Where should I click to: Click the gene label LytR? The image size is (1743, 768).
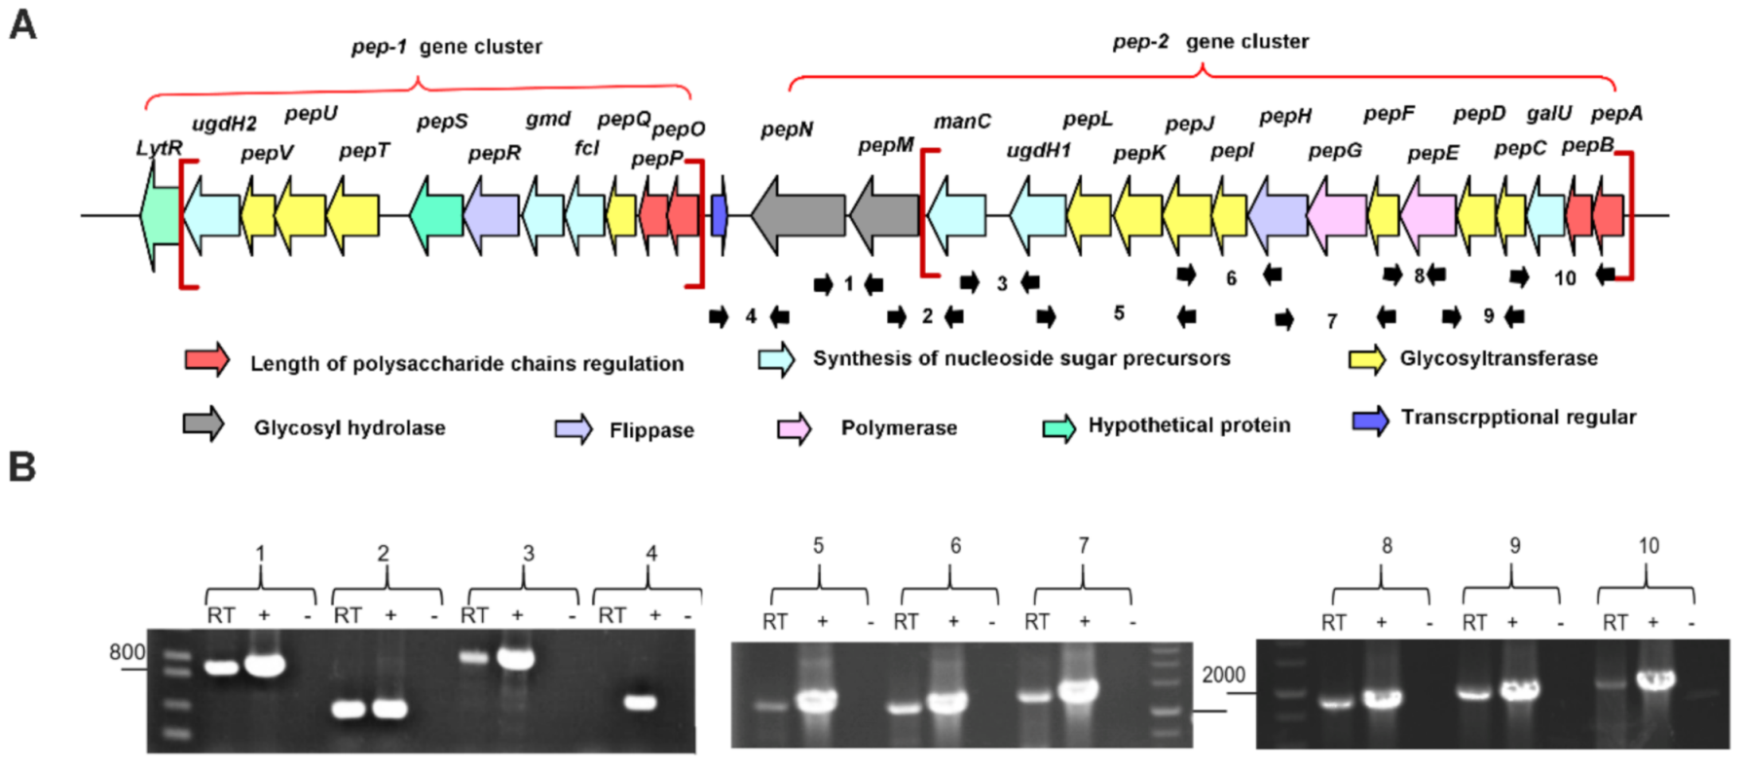pos(159,148)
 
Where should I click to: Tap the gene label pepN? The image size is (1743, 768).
pos(787,129)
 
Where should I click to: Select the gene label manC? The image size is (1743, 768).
pos(962,121)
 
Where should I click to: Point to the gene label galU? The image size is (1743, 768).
pos(1548,113)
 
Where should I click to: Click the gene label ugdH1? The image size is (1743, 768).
pos(1038,150)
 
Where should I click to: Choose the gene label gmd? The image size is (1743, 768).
pos(547,119)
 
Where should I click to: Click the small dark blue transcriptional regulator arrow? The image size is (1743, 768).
pos(720,215)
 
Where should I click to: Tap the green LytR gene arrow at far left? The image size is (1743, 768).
pos(160,215)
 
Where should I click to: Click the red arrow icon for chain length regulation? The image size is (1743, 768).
pos(207,360)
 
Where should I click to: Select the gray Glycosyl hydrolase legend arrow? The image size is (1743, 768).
pos(204,424)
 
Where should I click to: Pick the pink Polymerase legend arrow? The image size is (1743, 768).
pos(795,428)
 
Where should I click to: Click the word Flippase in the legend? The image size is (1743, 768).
pos(651,430)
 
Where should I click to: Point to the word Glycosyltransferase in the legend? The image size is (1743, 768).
pos(1499,358)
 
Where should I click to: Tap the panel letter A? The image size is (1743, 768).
pos(22,24)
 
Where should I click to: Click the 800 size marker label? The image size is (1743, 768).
pos(127,652)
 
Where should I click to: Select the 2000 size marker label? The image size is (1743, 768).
pos(1223,675)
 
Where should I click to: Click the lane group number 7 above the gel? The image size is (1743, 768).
pos(1083,546)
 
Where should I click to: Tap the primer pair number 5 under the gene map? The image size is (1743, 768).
pos(1119,312)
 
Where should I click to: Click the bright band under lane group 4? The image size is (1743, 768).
pos(640,702)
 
